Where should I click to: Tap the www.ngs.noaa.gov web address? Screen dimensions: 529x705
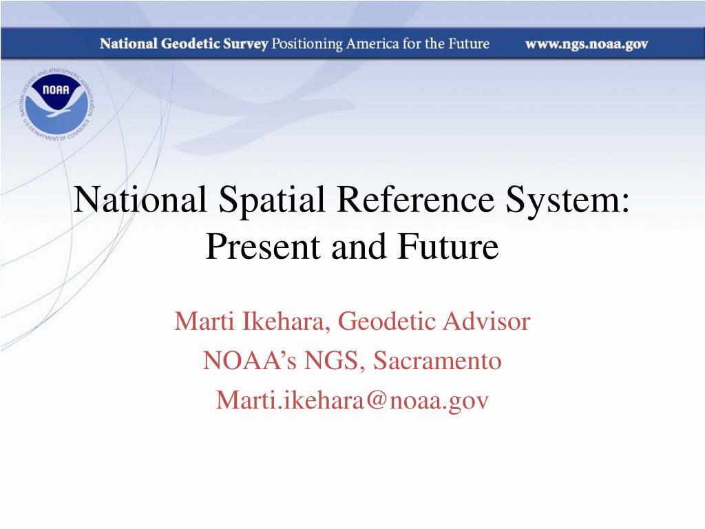(587, 45)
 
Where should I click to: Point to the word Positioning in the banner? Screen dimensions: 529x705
(306, 45)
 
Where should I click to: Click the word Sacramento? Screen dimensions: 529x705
(437, 361)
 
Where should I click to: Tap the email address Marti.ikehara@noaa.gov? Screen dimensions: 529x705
(352, 400)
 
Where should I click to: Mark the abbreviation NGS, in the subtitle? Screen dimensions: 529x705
(329, 361)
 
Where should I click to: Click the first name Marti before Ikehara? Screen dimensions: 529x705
(200, 322)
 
